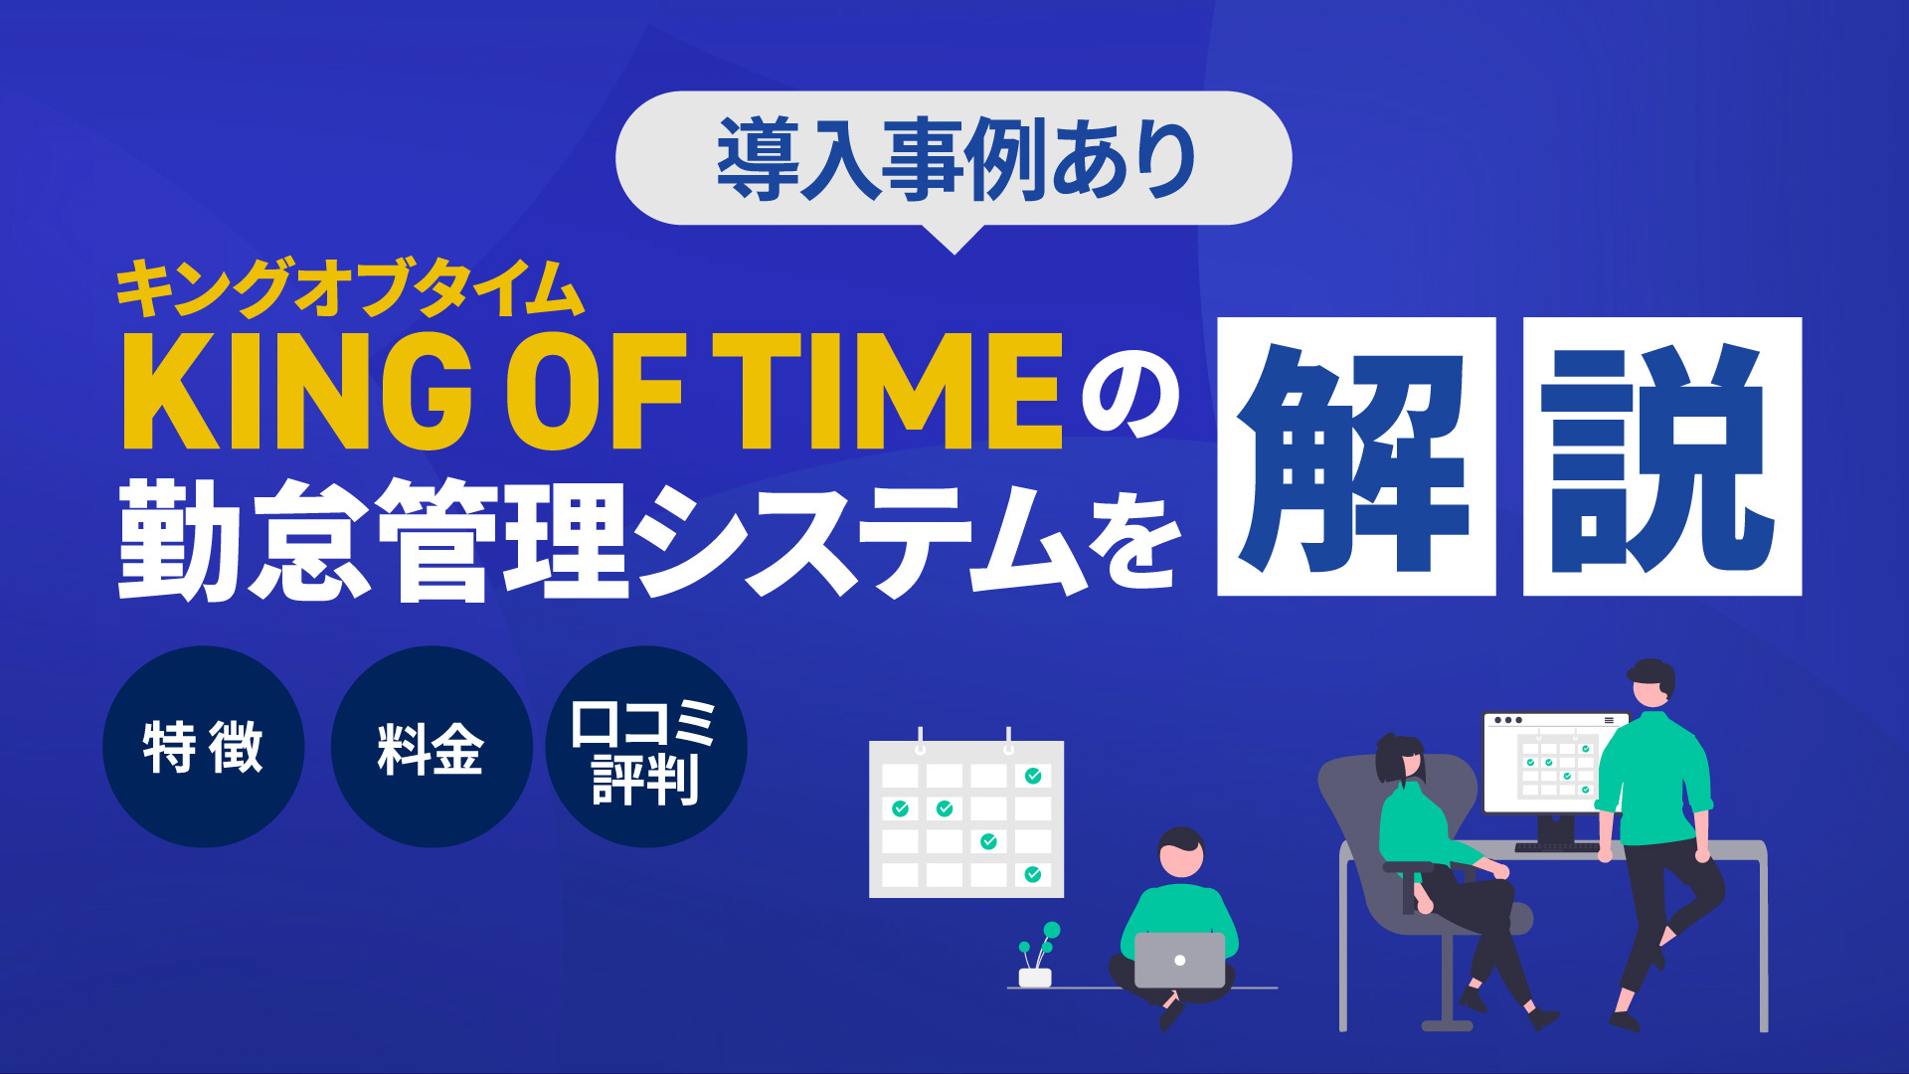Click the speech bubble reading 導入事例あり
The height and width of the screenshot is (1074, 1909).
tap(954, 159)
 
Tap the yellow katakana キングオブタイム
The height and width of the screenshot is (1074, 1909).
tap(350, 288)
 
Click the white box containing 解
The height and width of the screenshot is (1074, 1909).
tap(1356, 456)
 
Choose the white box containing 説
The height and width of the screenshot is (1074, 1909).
tap(1662, 456)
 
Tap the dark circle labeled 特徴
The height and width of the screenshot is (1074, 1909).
tap(204, 747)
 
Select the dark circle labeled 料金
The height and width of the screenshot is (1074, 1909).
tap(431, 747)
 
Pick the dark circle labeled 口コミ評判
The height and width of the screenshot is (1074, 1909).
tap(646, 747)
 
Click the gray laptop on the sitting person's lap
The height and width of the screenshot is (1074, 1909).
tap(1179, 960)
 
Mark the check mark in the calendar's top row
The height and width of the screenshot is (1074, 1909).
tap(1033, 776)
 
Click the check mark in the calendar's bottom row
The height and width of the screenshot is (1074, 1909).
tap(1033, 874)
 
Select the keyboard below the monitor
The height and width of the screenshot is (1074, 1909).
tap(1557, 847)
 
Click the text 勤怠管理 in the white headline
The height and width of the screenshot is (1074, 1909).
tap(372, 539)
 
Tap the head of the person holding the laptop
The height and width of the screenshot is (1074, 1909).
tap(1180, 853)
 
